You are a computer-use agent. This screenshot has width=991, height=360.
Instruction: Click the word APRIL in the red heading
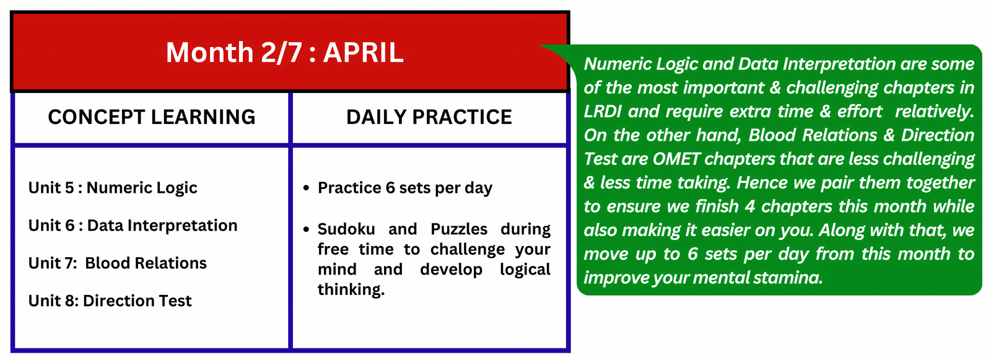(363, 52)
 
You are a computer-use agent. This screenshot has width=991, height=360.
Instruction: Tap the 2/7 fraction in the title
(281, 53)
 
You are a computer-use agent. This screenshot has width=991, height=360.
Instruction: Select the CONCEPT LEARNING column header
(152, 117)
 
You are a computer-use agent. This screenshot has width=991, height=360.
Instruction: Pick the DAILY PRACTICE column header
(429, 117)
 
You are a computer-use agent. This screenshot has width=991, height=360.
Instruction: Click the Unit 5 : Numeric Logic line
(113, 188)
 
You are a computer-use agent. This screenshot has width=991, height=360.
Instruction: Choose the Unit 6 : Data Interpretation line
(133, 226)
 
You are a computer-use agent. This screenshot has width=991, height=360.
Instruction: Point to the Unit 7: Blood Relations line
(117, 263)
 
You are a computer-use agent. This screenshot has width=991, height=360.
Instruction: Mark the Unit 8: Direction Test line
(110, 301)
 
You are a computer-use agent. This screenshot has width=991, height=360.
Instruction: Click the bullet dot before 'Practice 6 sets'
(306, 188)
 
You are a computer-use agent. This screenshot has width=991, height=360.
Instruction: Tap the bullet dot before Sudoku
(306, 229)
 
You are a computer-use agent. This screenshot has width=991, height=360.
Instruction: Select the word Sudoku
(346, 229)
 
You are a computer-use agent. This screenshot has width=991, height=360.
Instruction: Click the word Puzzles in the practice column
(459, 229)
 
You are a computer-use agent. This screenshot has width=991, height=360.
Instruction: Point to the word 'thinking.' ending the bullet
(351, 290)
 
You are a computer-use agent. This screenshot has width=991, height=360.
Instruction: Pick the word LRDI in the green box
(603, 111)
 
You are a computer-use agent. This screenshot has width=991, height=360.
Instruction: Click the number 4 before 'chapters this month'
(750, 207)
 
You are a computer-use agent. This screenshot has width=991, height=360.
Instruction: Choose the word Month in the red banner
(209, 53)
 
